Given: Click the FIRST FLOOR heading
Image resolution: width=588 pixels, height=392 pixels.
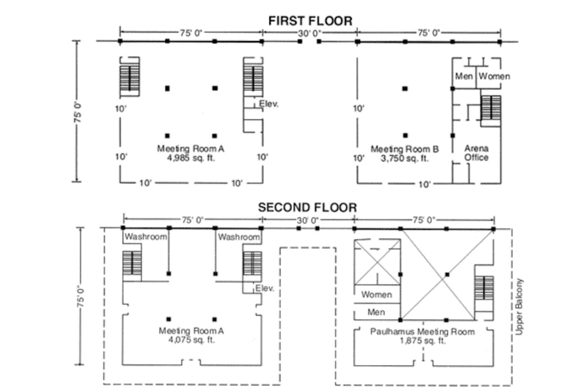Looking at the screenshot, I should [x=310, y=21].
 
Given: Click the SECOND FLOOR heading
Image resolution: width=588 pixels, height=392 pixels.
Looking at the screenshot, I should [x=307, y=207].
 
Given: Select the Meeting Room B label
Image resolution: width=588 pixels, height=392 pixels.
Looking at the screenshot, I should [x=405, y=149].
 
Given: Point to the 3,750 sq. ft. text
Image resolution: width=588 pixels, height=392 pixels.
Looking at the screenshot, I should [x=405, y=158].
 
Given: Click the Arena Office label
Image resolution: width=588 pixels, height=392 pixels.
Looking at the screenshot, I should [x=476, y=153].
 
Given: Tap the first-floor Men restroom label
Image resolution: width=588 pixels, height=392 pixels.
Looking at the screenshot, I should [x=465, y=76].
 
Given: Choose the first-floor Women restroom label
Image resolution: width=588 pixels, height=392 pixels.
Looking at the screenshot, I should [x=493, y=76].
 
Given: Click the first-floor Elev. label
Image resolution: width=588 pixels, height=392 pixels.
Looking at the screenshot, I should [x=269, y=104].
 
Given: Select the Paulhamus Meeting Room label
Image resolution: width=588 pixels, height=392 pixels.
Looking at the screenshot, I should [x=422, y=331].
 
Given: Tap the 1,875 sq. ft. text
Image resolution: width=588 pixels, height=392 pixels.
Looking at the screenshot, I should [x=422, y=340].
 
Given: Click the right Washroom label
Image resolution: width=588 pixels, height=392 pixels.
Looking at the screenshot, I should [x=239, y=237].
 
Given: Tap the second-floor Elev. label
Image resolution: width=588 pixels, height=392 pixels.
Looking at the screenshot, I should [x=265, y=289].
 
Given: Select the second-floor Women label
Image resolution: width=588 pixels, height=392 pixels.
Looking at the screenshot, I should [x=376, y=294].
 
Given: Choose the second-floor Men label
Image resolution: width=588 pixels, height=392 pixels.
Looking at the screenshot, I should [x=376, y=312].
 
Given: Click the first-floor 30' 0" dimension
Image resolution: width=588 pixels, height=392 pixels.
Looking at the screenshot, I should [x=309, y=33].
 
